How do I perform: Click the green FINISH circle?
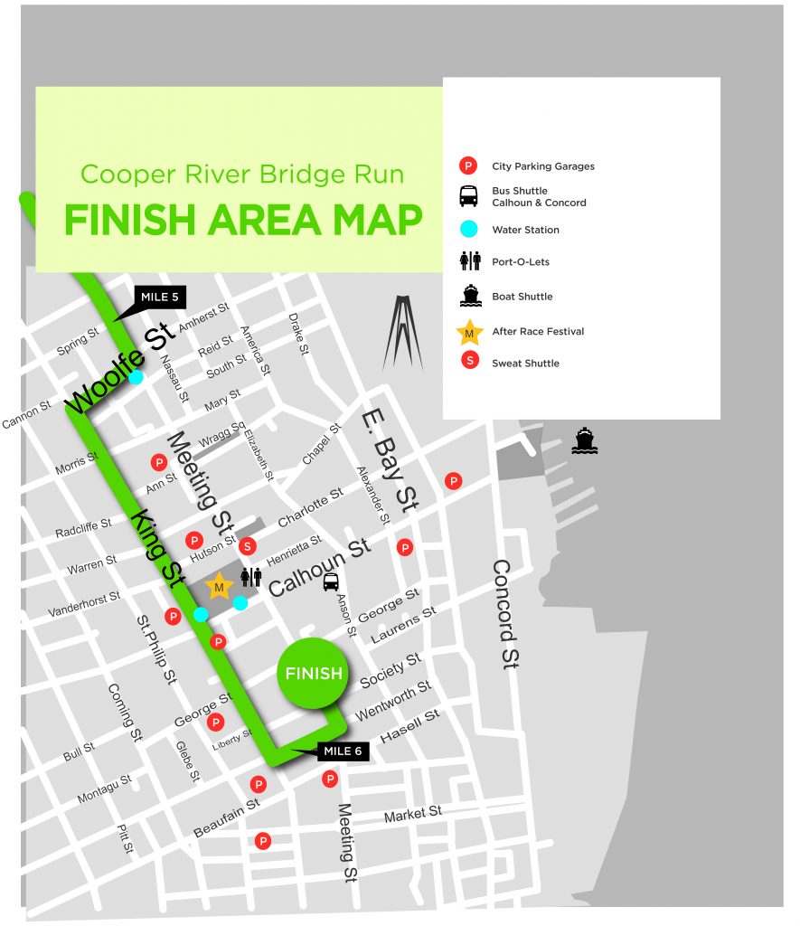(314, 674)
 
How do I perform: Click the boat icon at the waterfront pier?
(585, 441)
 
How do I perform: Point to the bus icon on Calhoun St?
(331, 582)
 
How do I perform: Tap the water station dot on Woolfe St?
(136, 377)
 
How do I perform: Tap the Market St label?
(412, 816)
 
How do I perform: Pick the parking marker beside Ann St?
(159, 463)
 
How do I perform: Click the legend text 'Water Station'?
(525, 230)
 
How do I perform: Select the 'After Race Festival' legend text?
(538, 332)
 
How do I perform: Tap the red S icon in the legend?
(468, 363)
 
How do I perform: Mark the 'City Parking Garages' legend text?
(542, 166)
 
